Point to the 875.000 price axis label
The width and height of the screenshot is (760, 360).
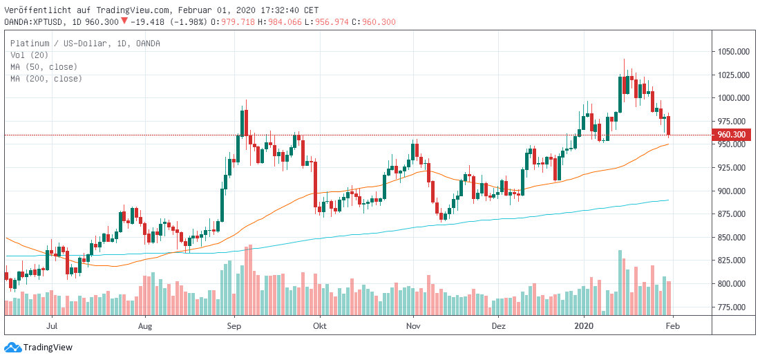733,214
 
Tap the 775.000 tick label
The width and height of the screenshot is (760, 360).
733,307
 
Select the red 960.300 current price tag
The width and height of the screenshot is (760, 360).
731,135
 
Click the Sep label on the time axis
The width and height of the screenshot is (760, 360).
234,325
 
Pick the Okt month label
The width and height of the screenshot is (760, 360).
319,325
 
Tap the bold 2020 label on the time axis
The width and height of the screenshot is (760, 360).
585,325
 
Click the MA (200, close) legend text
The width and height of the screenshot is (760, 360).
46,79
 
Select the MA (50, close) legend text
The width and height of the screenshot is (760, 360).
44,67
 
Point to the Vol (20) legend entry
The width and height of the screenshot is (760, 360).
28,55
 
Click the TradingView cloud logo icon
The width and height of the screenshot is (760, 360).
12,348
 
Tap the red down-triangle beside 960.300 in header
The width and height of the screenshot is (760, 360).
124,21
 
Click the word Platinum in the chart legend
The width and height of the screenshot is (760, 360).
29,44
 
